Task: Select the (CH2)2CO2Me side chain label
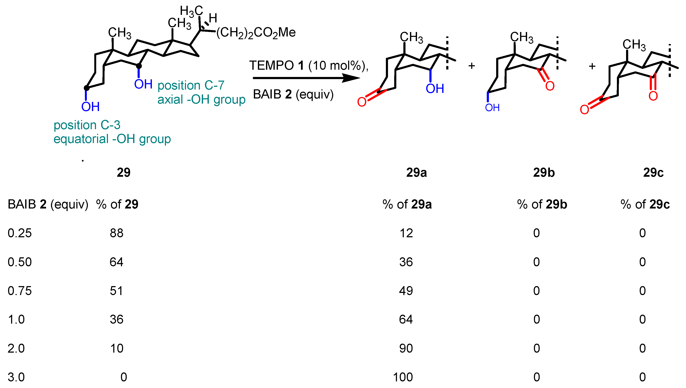point(256,33)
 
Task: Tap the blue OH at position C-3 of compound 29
point(90,107)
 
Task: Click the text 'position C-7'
point(191,85)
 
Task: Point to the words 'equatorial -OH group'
point(112,139)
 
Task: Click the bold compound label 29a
point(416,173)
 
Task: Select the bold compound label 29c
point(653,173)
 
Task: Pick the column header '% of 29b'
point(542,204)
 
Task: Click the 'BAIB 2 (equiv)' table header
point(48,204)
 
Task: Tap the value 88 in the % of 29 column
point(116,233)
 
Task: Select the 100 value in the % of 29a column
point(403,377)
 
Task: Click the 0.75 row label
point(20,291)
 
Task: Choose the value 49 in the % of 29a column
point(406,291)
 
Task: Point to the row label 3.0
point(16,377)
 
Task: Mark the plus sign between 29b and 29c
point(592,66)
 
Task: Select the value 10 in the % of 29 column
point(116,349)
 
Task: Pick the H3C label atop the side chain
point(191,11)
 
